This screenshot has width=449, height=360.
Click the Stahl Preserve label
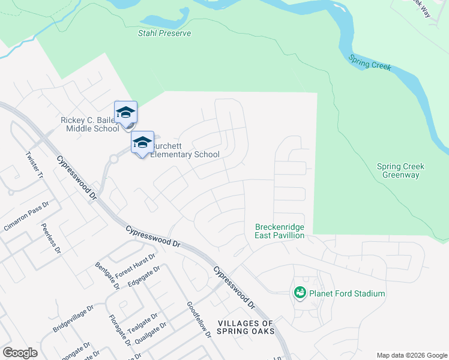tap(164, 34)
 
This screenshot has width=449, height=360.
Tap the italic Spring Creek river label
tap(370, 63)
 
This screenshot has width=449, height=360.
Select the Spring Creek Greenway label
tap(400, 170)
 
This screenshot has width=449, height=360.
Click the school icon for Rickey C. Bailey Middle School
tap(125, 113)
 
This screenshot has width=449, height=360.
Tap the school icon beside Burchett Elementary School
tap(142, 143)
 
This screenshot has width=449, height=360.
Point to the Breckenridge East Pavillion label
tap(280, 231)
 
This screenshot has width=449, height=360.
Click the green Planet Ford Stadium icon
tap(300, 293)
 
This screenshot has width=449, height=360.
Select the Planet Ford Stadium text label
tap(347, 293)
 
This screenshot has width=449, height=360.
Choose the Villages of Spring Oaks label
tap(246, 327)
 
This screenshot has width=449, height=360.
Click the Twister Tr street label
tap(34, 164)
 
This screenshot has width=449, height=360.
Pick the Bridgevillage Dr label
tap(73, 319)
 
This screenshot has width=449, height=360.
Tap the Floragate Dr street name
tap(119, 330)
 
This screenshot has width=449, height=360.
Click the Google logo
tap(20, 353)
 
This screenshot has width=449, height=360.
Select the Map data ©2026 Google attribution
tap(412, 355)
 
